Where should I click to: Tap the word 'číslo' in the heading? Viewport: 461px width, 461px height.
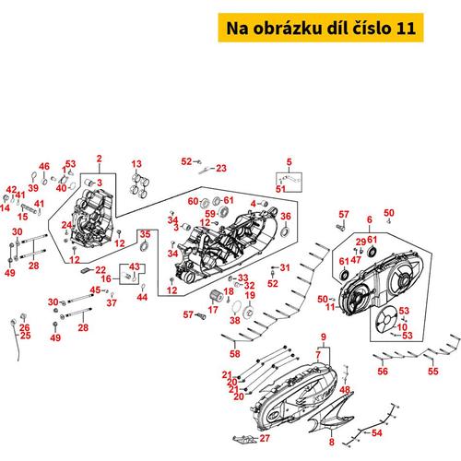point(372,28)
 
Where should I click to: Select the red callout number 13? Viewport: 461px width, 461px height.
point(136,164)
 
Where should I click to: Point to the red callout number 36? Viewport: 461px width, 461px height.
point(286,216)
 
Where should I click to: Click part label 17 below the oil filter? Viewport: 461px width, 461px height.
point(213,310)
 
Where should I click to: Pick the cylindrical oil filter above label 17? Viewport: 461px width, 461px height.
point(216,296)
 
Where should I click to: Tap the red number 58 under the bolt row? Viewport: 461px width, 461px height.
point(235,353)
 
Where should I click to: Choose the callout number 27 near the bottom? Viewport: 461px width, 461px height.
point(265,438)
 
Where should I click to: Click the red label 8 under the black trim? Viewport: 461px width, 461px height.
point(332,442)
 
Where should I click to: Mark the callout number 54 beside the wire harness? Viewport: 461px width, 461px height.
point(377,433)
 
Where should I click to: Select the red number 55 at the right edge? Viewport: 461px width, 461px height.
point(433,371)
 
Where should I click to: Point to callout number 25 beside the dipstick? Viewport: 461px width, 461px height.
point(25,335)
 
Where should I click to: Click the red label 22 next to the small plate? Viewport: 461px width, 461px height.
point(100,270)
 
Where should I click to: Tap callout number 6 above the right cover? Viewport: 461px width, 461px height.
point(370,219)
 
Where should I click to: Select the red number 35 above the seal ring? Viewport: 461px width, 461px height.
point(145,234)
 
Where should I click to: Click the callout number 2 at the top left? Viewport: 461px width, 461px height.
point(99,159)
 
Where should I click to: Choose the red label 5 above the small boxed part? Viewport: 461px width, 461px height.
point(289,162)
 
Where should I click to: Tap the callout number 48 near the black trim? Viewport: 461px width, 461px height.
point(345,390)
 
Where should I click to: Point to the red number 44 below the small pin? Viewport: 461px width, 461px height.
point(142,297)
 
